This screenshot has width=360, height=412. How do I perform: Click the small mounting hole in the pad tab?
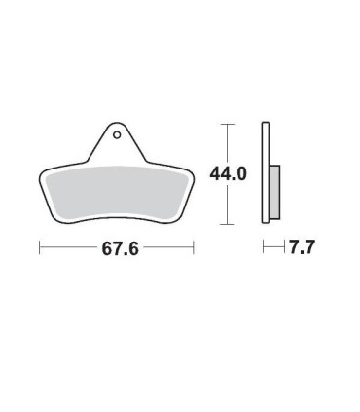(117, 134)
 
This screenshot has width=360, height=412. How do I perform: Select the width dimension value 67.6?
(121, 249)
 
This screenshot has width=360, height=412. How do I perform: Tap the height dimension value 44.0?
(229, 174)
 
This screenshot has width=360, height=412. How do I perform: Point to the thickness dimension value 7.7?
(302, 247)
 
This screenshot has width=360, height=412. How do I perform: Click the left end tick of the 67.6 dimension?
(40, 247)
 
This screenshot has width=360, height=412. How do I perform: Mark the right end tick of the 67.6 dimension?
(194, 247)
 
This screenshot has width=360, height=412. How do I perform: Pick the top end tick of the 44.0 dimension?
(227, 124)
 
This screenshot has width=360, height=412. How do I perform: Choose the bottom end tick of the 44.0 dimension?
(227, 224)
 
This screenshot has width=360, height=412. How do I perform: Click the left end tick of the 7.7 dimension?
(264, 247)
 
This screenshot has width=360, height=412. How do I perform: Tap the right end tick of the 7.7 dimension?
(285, 247)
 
